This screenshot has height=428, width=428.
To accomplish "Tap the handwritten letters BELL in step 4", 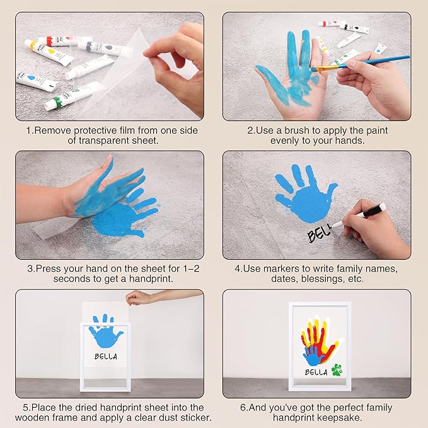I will [x=320, y=235].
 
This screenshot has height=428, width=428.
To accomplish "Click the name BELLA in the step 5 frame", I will [x=105, y=356].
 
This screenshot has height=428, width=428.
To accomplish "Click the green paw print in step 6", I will [x=337, y=370].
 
